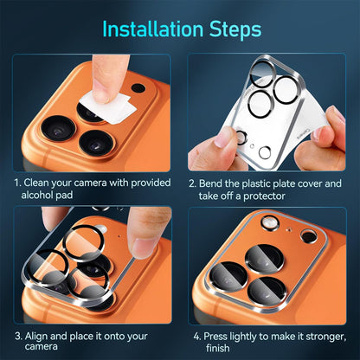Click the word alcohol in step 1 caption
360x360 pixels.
click(x=39, y=196)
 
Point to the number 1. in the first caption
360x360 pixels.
click(x=17, y=183)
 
